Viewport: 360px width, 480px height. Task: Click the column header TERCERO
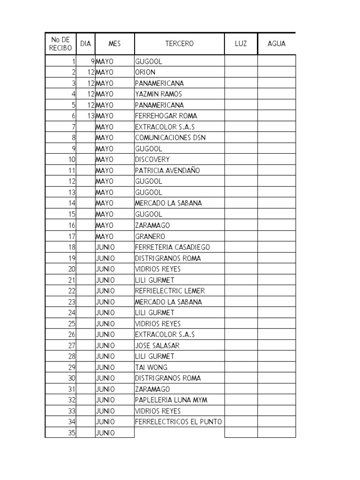click(x=179, y=44)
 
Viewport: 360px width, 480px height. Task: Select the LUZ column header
click(x=240, y=44)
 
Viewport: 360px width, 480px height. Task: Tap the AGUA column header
click(x=276, y=44)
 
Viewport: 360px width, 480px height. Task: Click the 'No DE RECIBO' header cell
click(x=60, y=44)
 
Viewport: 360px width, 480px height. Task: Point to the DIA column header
click(x=85, y=44)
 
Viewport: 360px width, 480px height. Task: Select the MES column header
click(x=114, y=44)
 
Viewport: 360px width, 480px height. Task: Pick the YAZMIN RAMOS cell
click(x=158, y=94)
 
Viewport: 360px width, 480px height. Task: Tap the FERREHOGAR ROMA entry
click(x=166, y=116)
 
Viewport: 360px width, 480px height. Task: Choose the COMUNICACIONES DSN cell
click(x=170, y=138)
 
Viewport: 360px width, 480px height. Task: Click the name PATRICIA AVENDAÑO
click(x=167, y=171)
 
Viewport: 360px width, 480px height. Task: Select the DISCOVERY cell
click(x=152, y=159)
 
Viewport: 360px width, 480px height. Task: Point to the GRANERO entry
click(x=150, y=236)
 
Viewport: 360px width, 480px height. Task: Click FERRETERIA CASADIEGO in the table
click(x=172, y=247)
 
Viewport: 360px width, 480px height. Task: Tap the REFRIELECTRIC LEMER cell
click(x=170, y=291)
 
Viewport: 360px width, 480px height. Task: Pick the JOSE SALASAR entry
click(x=157, y=345)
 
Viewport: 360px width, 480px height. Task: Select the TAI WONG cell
click(x=151, y=367)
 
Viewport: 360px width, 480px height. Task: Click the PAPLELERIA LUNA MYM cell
click(x=171, y=400)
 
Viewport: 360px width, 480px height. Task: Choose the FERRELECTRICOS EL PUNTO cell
click(x=178, y=422)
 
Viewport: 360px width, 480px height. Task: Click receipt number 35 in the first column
click(x=71, y=433)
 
